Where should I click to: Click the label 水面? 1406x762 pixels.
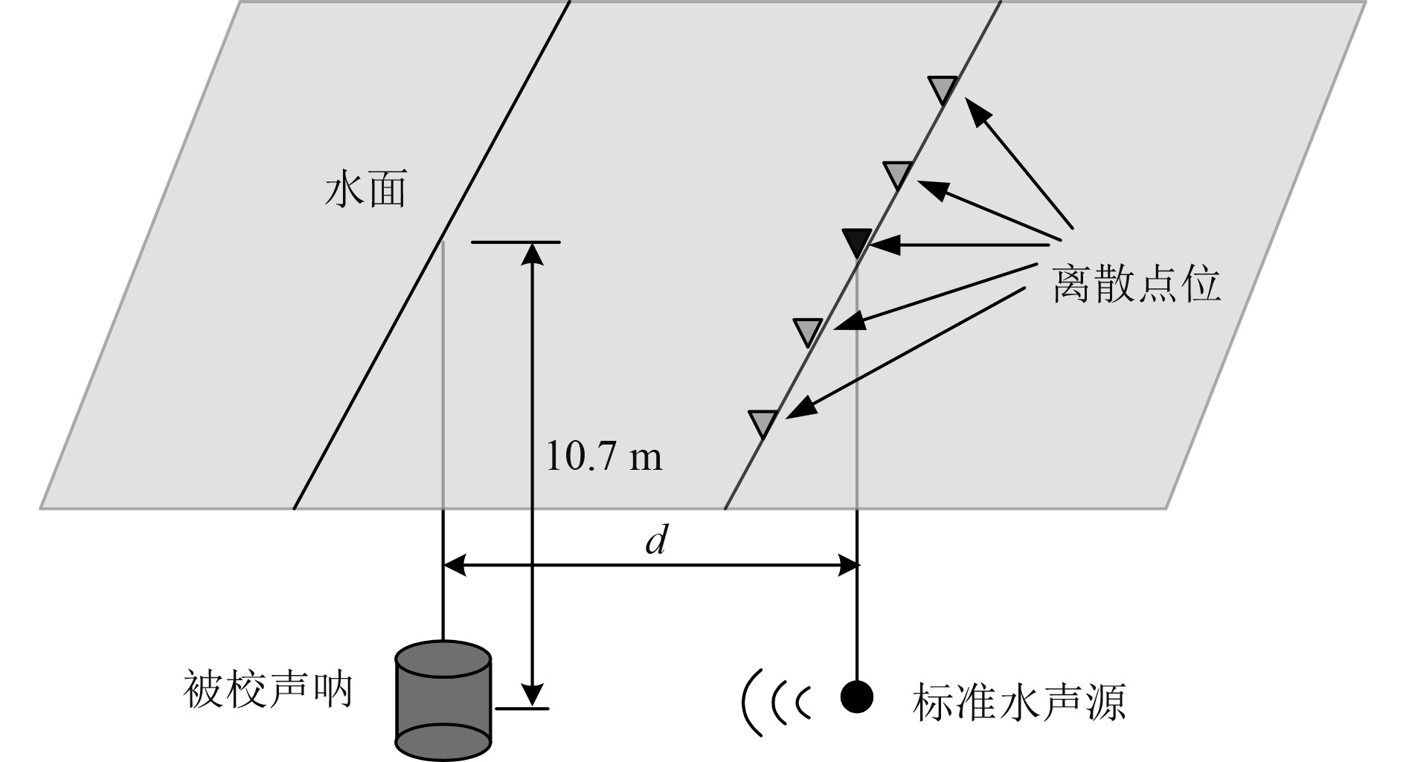[x=365, y=191]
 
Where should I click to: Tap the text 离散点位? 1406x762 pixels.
[x=1136, y=284]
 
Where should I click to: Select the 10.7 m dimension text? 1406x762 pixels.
[x=603, y=456]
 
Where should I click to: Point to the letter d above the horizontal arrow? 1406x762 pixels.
[x=655, y=540]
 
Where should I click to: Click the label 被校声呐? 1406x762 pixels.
[x=267, y=691]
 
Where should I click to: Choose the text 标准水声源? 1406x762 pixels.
[x=1018, y=702]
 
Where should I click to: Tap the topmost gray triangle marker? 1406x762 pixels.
[x=943, y=89]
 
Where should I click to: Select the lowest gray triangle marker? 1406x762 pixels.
[x=763, y=422]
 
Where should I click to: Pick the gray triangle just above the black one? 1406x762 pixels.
[x=898, y=175]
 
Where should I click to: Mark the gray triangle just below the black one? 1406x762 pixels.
[x=808, y=331]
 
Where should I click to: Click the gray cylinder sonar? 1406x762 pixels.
[x=443, y=700]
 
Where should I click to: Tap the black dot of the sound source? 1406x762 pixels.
[x=856, y=697]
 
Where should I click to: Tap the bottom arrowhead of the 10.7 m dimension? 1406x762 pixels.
[x=531, y=694]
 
